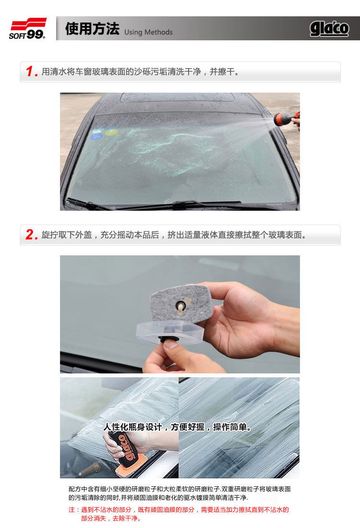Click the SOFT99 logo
[28, 29]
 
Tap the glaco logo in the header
[329, 29]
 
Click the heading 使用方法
[92, 29]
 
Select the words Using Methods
[148, 32]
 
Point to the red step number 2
[31, 235]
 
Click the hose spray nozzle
[286, 119]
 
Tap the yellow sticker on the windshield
[111, 132]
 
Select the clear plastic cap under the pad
[170, 333]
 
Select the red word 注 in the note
[72, 510]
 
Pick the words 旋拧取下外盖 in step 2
[67, 235]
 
